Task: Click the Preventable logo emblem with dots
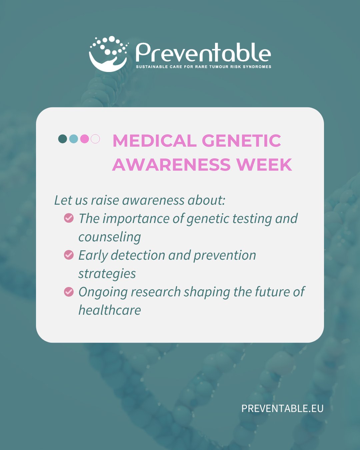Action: pos(109,54)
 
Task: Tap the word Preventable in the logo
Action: pos(203,52)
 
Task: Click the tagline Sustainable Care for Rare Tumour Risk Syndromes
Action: pos(204,67)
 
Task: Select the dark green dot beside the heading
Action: pos(63,139)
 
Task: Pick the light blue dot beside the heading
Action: pos(73,139)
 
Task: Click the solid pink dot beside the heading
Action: pos(85,139)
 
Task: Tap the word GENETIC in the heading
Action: pos(241,141)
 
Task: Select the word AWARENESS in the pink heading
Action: pos(171,165)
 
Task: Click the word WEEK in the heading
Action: pos(264,165)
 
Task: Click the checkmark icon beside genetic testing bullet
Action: pos(69,218)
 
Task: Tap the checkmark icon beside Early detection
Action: pos(69,255)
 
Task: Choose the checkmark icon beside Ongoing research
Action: pos(69,292)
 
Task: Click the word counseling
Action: pos(110,237)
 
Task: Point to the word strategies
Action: pos(107,274)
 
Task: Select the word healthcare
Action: pos(110,310)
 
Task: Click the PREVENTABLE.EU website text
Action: pos(282,408)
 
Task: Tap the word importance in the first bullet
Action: pos(136,219)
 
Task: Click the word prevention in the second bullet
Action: pos(225,256)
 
